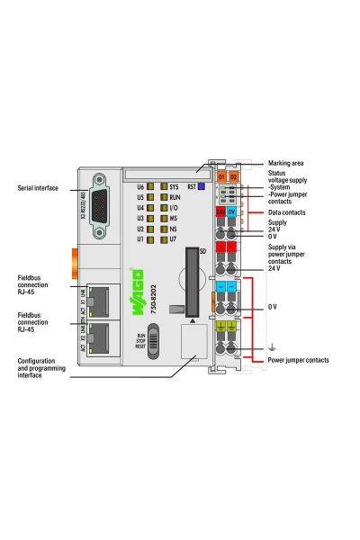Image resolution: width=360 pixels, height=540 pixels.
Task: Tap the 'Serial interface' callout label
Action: click(x=38, y=188)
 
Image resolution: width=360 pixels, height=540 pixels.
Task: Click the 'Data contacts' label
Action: click(x=289, y=212)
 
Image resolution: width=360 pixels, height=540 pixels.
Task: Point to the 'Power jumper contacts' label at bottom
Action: click(x=298, y=360)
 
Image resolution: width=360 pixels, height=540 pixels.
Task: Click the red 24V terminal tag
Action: click(x=220, y=211)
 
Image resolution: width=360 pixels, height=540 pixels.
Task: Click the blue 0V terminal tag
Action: click(x=232, y=211)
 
